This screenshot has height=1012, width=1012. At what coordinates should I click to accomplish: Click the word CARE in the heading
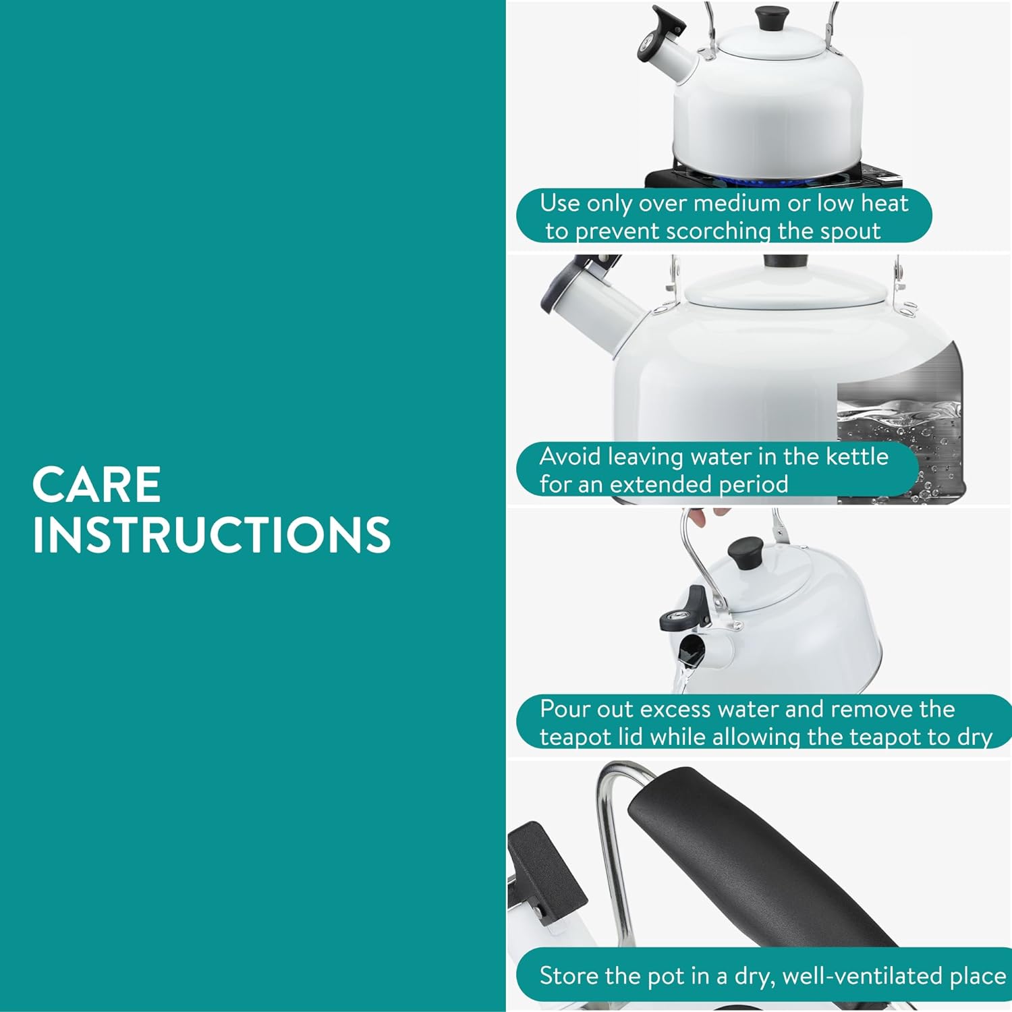(96, 484)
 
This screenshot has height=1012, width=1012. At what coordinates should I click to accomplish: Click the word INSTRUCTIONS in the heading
(212, 536)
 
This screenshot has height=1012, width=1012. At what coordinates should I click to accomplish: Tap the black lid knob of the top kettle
(772, 18)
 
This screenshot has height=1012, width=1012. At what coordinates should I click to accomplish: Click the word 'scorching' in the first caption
(719, 231)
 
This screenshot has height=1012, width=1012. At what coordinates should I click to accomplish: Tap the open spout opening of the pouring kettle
(692, 652)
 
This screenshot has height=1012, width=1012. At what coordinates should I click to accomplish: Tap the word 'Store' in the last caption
(569, 976)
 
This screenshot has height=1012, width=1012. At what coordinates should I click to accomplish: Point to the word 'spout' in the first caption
(851, 231)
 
